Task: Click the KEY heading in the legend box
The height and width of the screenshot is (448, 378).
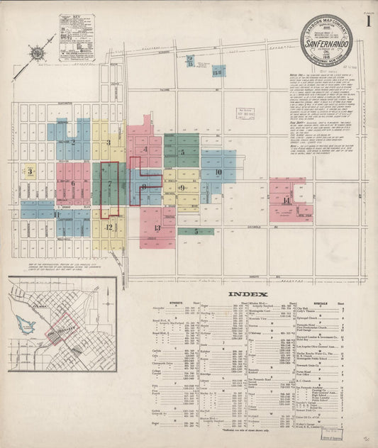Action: (x=76, y=15)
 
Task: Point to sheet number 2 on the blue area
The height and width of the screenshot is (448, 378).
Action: (x=72, y=141)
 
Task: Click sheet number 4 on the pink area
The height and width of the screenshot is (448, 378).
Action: (x=145, y=150)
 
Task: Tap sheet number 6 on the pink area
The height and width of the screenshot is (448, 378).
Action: (x=72, y=184)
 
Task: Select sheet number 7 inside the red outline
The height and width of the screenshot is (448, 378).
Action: (x=110, y=186)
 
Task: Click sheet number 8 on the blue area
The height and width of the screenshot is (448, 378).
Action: (x=144, y=187)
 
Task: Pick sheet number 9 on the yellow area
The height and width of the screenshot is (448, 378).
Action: (x=183, y=188)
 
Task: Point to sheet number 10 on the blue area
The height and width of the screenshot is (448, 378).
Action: (x=218, y=172)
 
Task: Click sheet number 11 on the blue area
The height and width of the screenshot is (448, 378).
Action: (x=57, y=213)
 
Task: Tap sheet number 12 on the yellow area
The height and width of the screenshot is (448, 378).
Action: (x=109, y=228)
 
